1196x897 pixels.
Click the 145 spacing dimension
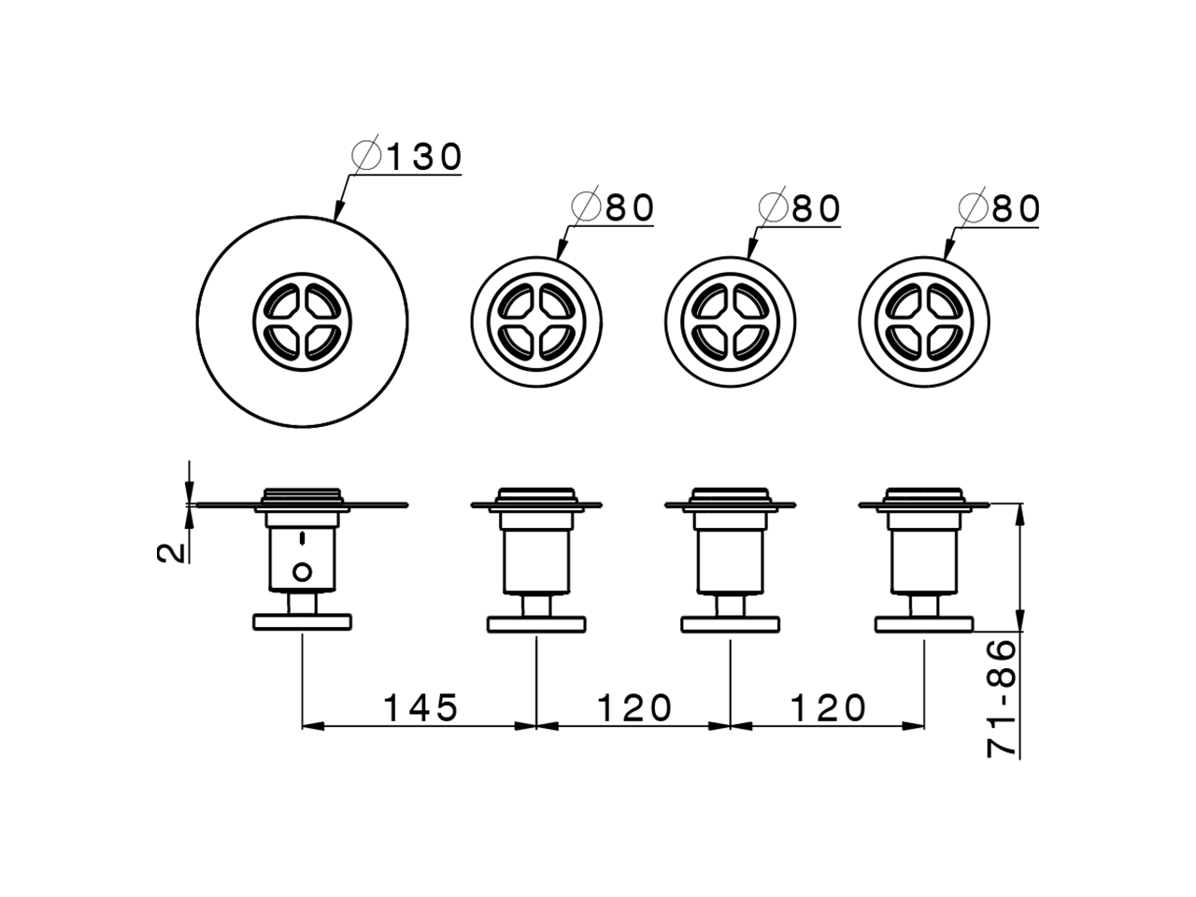click(x=420, y=708)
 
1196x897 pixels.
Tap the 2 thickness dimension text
click(x=169, y=552)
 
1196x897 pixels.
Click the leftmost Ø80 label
click(x=614, y=208)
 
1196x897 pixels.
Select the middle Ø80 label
click(x=801, y=208)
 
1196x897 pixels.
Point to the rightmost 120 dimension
click(x=829, y=708)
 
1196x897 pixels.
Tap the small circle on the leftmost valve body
click(x=302, y=570)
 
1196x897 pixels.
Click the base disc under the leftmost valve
click(x=302, y=622)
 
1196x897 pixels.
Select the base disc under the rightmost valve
click(x=923, y=622)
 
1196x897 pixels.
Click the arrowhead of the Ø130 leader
click(x=335, y=216)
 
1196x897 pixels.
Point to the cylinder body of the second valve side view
click(x=535, y=561)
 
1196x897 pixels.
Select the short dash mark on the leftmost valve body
click(x=302, y=538)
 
